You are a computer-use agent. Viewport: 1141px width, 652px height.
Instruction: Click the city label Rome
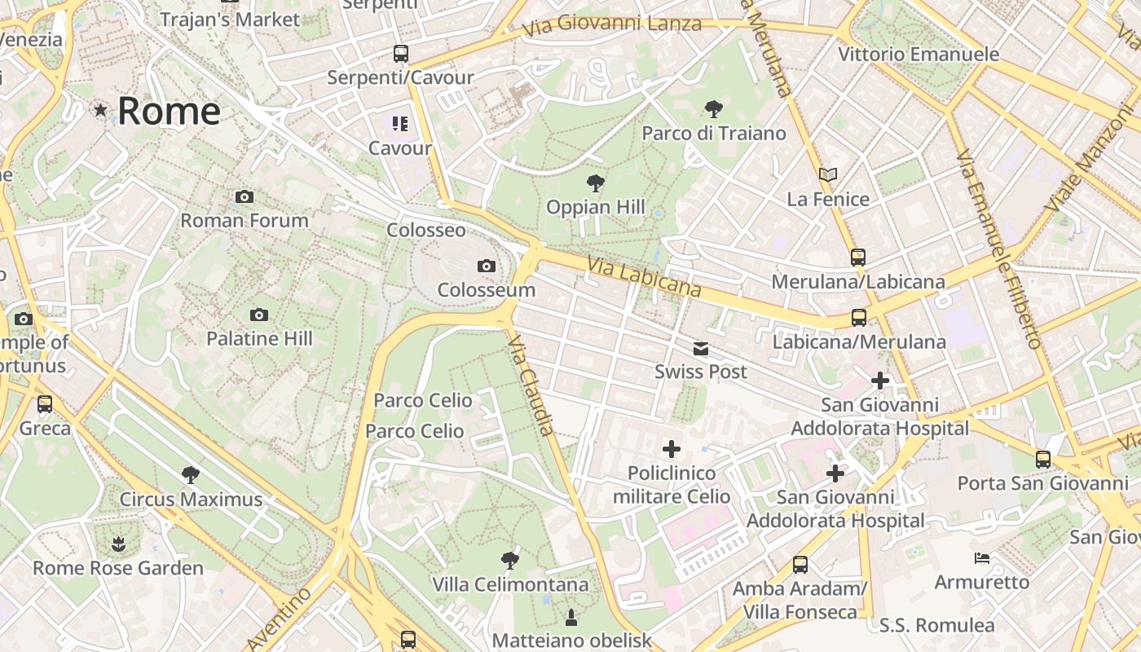click(169, 111)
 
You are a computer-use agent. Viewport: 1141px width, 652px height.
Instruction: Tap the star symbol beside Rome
click(101, 109)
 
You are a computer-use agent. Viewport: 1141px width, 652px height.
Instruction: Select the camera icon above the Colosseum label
click(487, 267)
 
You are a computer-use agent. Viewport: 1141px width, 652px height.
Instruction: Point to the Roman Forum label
click(244, 220)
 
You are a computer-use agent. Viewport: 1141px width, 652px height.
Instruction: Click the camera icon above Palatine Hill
click(259, 315)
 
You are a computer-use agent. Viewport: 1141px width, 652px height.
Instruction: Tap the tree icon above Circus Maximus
click(191, 474)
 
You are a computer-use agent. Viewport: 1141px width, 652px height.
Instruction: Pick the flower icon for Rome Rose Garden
click(119, 543)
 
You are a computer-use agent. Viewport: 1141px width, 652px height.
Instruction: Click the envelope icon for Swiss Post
click(701, 349)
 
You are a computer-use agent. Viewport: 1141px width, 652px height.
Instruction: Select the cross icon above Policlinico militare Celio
click(672, 449)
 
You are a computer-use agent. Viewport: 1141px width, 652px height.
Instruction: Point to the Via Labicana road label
click(644, 277)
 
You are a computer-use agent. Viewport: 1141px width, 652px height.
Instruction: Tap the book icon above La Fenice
click(828, 174)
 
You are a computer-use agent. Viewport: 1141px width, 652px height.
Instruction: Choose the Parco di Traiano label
click(714, 133)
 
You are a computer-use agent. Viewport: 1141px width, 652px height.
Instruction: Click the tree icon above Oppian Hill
click(596, 183)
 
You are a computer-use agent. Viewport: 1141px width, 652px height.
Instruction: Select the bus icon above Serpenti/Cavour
click(400, 54)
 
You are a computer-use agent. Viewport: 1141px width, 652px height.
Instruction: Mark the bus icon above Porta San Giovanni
click(1043, 459)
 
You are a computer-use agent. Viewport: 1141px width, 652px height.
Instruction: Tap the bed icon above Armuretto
click(982, 558)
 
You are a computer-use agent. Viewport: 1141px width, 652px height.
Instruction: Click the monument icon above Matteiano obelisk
click(571, 616)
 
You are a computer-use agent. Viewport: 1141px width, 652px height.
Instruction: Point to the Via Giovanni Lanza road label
click(611, 24)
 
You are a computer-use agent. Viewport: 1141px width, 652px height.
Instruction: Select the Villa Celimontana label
click(510, 584)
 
